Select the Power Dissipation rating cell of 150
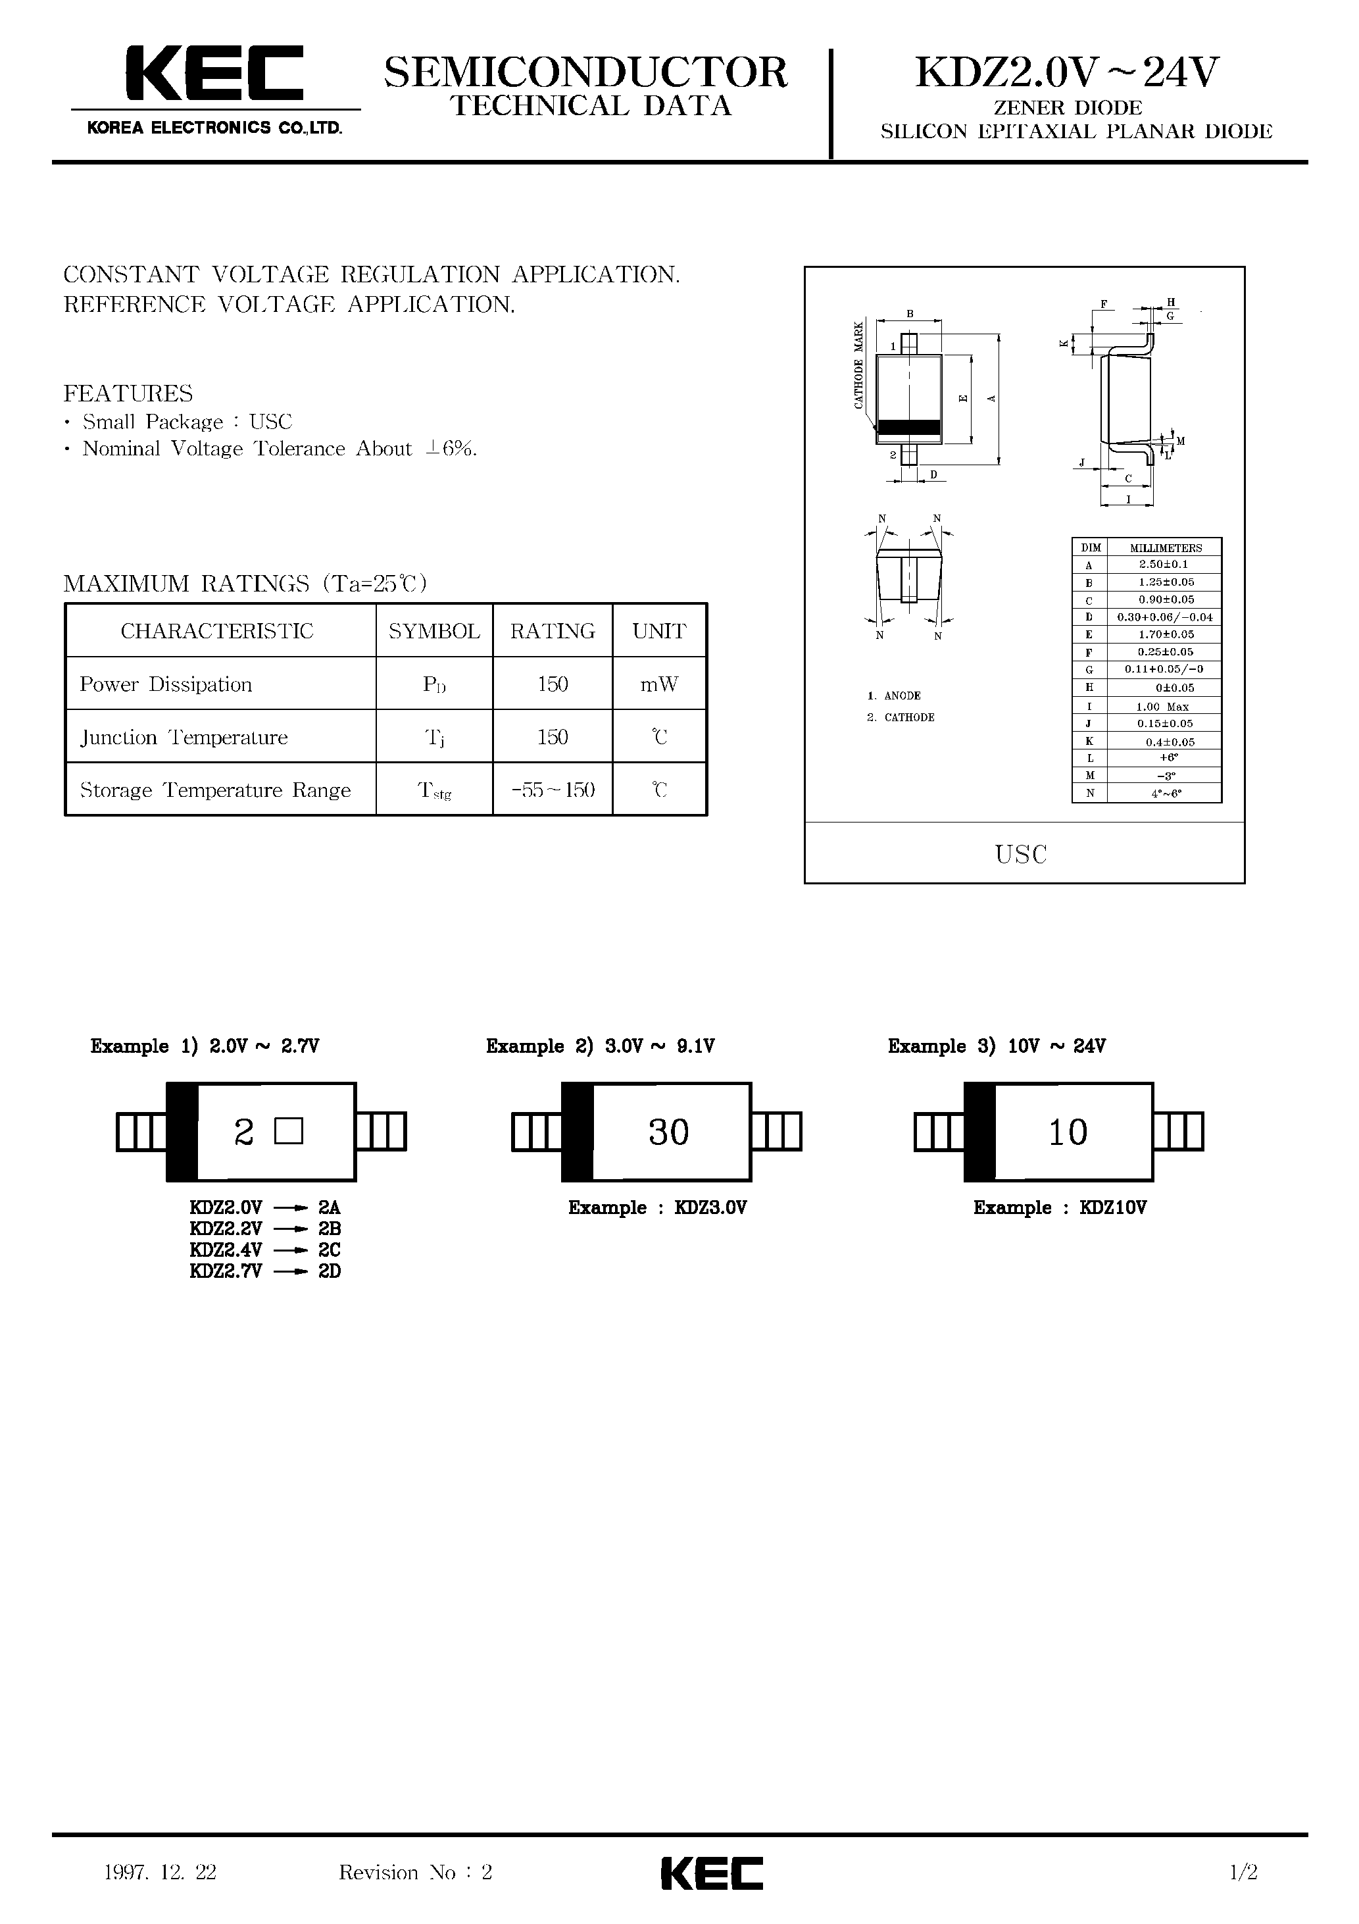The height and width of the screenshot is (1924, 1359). click(x=552, y=684)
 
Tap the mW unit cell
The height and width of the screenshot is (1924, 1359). click(x=659, y=684)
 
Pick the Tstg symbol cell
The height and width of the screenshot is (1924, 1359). click(x=434, y=790)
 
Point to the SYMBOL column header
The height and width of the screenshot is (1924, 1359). click(x=434, y=631)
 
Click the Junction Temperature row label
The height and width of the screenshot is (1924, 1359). click(x=184, y=738)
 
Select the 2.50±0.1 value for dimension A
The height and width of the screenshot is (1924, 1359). click(x=1163, y=565)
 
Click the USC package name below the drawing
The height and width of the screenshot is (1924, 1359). click(x=1020, y=855)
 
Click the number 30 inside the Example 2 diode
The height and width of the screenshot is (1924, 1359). click(x=668, y=1132)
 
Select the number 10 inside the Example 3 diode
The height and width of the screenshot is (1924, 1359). click(x=1068, y=1132)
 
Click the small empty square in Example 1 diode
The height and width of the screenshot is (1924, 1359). click(x=288, y=1132)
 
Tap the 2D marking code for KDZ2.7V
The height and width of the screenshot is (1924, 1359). click(x=330, y=1271)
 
